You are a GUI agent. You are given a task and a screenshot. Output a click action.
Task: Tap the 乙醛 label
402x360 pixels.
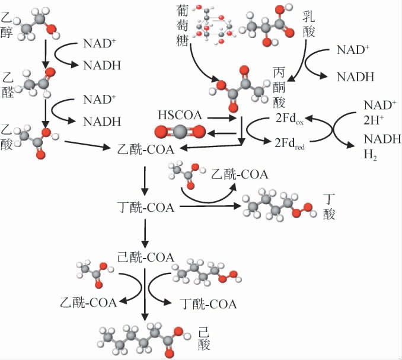(9, 82)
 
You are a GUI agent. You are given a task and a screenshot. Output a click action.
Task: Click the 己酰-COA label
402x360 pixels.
(144, 257)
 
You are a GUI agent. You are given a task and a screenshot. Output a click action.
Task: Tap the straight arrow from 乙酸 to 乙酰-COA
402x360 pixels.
(87, 143)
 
